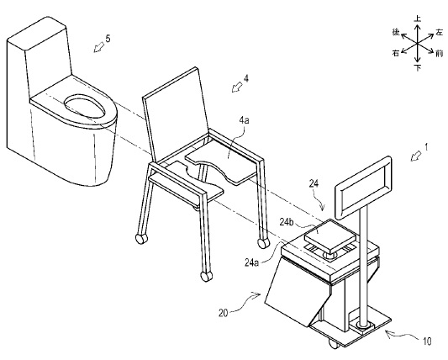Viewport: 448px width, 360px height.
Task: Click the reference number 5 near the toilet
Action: pos(108,39)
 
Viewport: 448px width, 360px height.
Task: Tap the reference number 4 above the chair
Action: pos(245,78)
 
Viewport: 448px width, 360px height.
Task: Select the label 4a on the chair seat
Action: pos(244,120)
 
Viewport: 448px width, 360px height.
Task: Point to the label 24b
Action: pos(287,222)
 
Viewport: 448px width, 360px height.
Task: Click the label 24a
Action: pos(251,262)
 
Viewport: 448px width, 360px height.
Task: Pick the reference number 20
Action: pos(223,314)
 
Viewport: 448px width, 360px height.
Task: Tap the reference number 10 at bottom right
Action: pos(427,341)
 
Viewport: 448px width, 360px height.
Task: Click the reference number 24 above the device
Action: pos(314,184)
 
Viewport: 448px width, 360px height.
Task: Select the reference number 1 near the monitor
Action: pos(426,147)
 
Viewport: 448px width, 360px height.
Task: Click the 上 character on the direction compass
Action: pos(418,19)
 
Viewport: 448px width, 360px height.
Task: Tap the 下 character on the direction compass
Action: pos(418,68)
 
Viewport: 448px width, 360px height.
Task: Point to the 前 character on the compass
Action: pos(439,54)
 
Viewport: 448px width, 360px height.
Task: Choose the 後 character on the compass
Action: pos(396,32)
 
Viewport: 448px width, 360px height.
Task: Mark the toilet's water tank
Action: pos(40,57)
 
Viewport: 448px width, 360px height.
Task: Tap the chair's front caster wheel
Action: pos(206,277)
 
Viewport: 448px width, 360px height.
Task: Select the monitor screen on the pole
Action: pos(363,188)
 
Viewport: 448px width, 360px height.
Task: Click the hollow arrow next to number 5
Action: pos(99,47)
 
